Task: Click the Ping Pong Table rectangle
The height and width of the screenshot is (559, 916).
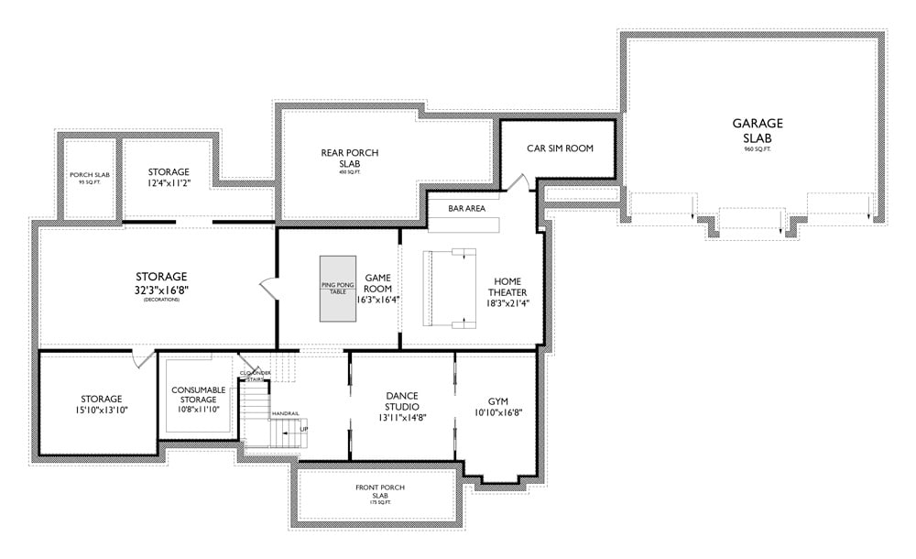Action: coord(338,288)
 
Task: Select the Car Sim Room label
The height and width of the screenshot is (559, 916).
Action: coord(560,148)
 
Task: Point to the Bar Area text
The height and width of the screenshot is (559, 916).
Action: coord(466,208)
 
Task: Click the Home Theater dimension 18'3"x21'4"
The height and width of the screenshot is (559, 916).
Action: coord(507,303)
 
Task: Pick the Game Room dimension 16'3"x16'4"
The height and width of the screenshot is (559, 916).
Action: coord(378,299)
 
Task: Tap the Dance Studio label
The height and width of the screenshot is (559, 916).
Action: coord(402,400)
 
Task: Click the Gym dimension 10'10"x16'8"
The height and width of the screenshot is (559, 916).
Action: coord(498,414)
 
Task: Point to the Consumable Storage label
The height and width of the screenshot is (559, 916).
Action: coord(198,395)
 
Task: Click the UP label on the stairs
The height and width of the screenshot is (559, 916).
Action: coord(304,428)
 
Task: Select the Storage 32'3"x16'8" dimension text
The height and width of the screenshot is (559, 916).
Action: coord(161,290)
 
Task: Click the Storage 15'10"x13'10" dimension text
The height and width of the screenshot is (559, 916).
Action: coord(101,411)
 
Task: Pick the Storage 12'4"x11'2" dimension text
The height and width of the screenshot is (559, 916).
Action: coord(169,184)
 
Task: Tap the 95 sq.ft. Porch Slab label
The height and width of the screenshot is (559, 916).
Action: coord(89,178)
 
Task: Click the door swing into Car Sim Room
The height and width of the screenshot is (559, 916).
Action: coord(518,182)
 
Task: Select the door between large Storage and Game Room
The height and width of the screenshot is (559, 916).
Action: coord(268,287)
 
